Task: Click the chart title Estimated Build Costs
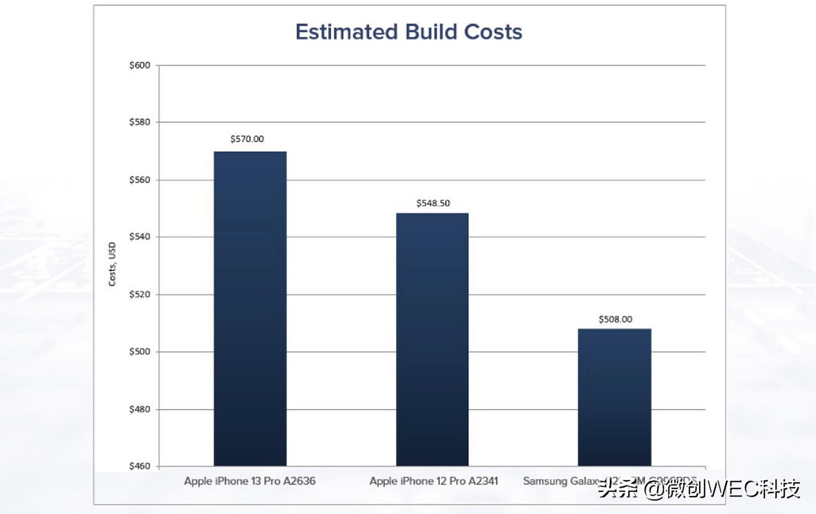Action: (x=408, y=32)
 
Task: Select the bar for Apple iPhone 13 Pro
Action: (x=250, y=309)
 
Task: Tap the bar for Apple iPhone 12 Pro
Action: (x=432, y=339)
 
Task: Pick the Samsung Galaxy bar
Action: (x=614, y=397)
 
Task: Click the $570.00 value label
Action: (x=247, y=139)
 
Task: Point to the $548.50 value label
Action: (x=433, y=203)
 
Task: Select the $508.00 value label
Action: (x=615, y=319)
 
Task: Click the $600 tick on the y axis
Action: (x=139, y=65)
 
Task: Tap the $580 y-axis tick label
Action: (x=139, y=122)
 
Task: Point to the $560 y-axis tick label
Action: (x=139, y=180)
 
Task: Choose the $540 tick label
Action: (x=139, y=237)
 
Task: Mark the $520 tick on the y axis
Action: (x=139, y=294)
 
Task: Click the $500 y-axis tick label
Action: (x=139, y=352)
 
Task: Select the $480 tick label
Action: (x=139, y=409)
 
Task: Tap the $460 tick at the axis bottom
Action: (x=139, y=466)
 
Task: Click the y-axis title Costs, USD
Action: (x=112, y=264)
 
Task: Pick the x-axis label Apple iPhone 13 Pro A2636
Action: (x=249, y=481)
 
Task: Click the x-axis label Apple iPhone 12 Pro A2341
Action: (x=433, y=481)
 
